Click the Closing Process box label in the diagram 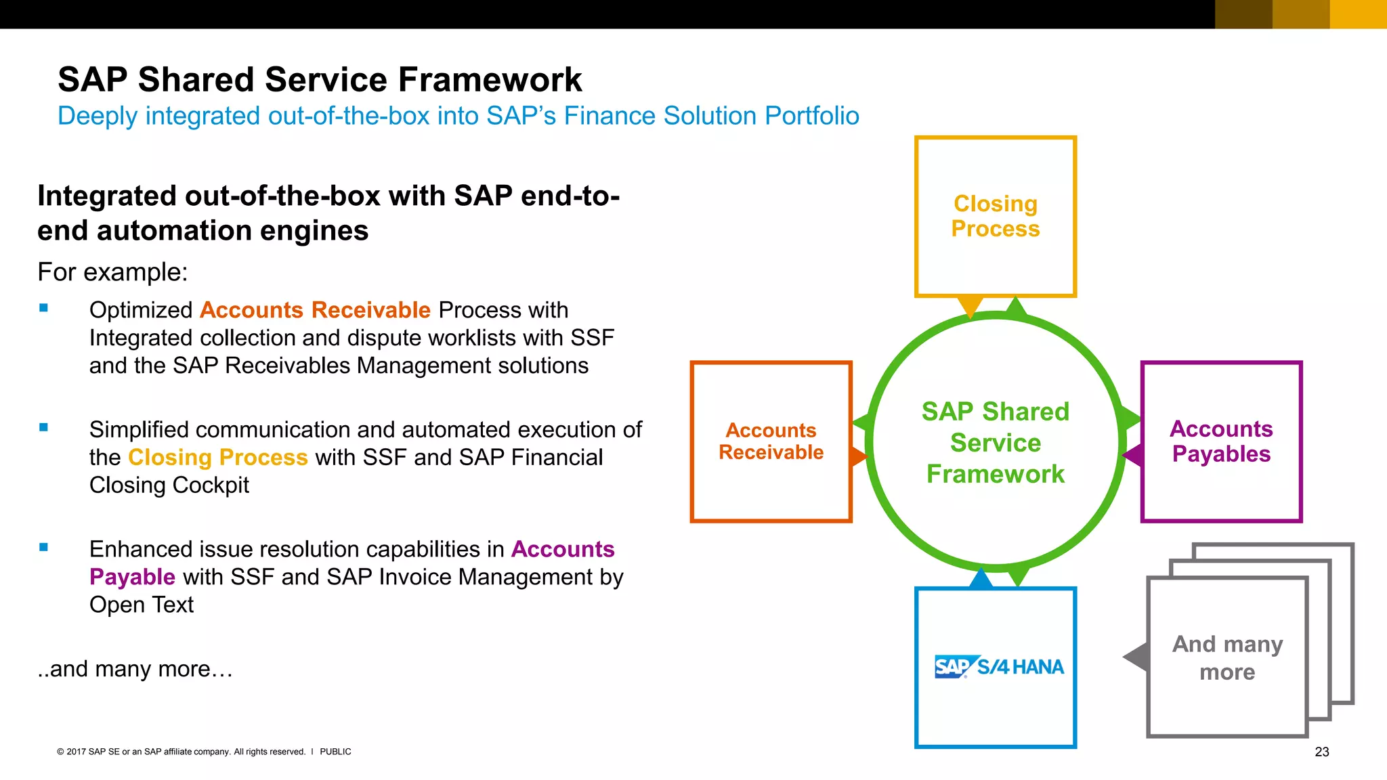995,216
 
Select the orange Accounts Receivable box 771,441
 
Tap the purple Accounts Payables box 1221,441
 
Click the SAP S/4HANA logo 998,667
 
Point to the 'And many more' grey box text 1227,657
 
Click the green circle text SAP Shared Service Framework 995,443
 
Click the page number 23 1321,752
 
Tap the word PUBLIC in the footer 335,752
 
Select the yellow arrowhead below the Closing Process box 970,305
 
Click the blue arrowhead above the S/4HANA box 980,579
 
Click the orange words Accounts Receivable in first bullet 315,310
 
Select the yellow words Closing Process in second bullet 217,458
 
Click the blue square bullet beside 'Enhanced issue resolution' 44,547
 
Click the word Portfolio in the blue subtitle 811,116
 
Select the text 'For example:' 112,272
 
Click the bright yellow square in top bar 1358,14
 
